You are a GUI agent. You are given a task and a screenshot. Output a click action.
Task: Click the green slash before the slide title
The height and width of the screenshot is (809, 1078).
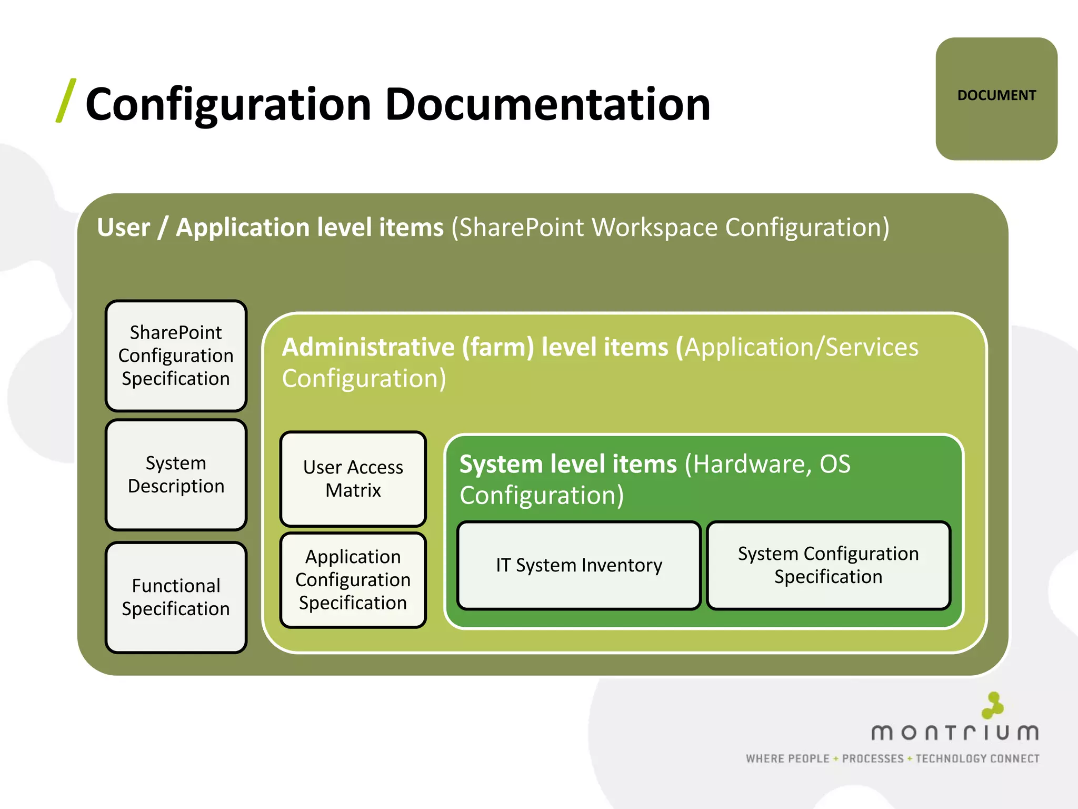click(x=66, y=101)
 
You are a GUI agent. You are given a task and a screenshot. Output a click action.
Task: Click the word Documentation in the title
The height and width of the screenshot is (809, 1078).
click(x=547, y=104)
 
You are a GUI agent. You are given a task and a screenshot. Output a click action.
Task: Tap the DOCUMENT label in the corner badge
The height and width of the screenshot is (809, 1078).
click(x=996, y=95)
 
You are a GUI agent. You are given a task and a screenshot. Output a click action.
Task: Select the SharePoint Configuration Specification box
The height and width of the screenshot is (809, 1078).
click(x=176, y=356)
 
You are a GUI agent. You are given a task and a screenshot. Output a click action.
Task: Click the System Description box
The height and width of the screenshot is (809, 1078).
click(x=176, y=475)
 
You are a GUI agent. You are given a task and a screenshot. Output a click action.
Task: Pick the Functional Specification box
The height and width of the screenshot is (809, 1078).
click(x=176, y=597)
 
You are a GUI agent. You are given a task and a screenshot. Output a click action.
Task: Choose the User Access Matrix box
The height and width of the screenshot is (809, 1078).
click(x=353, y=479)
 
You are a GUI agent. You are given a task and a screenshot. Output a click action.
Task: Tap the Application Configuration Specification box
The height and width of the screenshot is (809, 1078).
click(x=353, y=580)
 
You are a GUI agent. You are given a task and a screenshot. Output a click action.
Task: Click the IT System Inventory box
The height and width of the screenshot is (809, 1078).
click(x=578, y=565)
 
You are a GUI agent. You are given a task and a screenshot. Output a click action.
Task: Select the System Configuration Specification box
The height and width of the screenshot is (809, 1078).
click(x=828, y=565)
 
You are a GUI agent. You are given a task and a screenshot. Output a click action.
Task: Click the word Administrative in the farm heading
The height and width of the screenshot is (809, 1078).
click(x=368, y=348)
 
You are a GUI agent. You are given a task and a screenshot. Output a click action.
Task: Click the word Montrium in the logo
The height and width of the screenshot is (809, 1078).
click(x=954, y=733)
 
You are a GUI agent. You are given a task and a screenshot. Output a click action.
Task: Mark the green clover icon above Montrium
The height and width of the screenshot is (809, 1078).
click(x=993, y=705)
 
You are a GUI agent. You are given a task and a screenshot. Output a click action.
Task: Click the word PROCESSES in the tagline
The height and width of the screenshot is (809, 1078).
click(x=872, y=759)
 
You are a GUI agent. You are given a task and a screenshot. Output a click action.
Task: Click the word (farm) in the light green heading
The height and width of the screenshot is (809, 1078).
click(x=498, y=348)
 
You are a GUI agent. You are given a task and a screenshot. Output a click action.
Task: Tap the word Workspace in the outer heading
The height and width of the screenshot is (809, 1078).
click(x=654, y=228)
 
